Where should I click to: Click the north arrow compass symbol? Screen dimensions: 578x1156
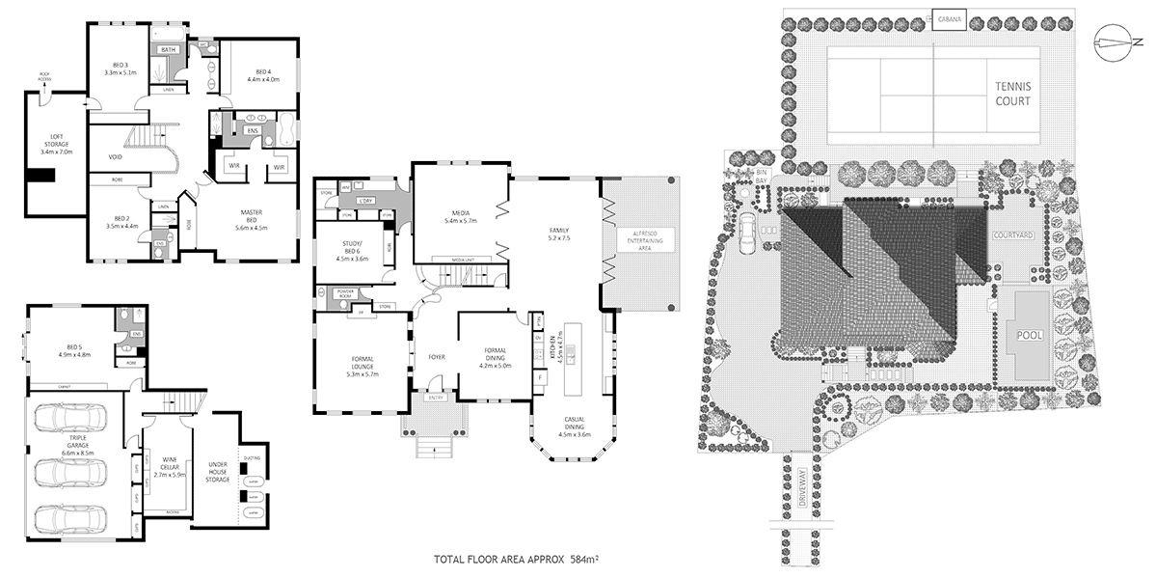1119,41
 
